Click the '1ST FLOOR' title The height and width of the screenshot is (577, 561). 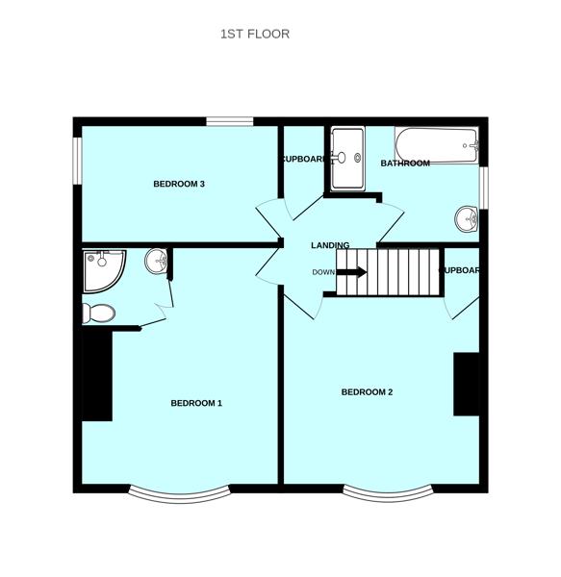255,34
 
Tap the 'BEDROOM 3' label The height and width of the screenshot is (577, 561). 179,184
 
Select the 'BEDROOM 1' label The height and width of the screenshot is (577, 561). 196,403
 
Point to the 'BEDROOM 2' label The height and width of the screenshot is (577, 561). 367,392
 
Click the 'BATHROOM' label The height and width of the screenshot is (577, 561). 404,163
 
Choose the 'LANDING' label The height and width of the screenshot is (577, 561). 330,246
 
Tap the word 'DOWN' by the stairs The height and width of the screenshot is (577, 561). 323,272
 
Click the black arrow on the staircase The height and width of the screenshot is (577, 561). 352,272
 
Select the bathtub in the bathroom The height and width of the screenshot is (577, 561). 438,145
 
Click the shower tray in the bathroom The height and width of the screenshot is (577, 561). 346,159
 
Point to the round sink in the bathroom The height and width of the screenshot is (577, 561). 468,219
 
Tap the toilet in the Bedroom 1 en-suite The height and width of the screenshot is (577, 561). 99,313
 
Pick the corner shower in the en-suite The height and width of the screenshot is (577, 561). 102,269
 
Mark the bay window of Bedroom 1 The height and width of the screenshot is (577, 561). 180,495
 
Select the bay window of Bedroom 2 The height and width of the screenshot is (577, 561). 389,494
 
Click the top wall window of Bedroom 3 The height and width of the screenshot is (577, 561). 230,121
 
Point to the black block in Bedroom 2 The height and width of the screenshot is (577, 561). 467,384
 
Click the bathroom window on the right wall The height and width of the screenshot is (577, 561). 484,186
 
